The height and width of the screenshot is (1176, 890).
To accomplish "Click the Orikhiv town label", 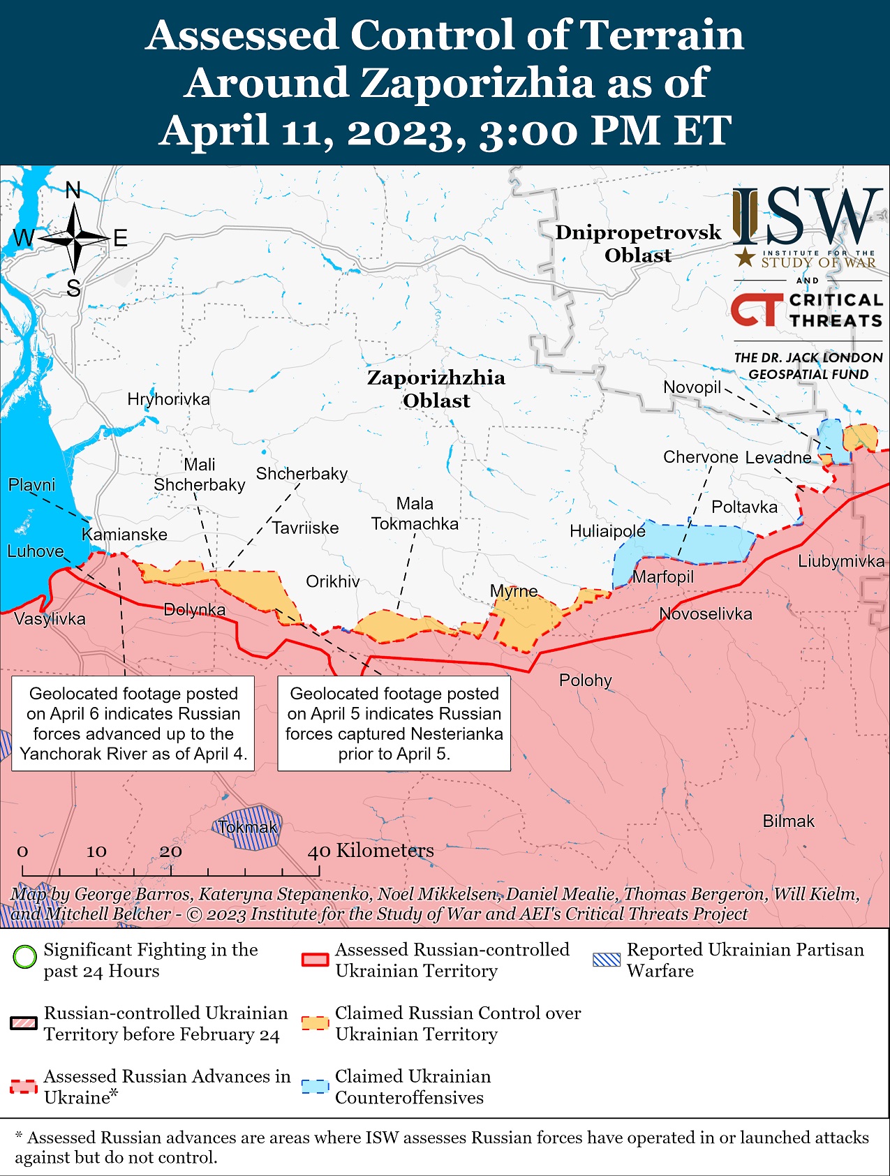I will tap(333, 581).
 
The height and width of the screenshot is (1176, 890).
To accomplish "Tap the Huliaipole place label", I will tap(607, 531).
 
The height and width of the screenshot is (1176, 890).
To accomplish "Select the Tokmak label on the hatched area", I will tap(248, 828).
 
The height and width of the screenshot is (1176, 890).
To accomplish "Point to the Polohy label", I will tap(585, 680).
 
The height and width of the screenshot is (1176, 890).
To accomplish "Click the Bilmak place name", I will tap(788, 821).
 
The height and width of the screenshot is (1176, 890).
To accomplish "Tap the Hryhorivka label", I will tap(168, 399).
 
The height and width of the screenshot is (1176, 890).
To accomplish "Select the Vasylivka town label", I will tap(50, 618).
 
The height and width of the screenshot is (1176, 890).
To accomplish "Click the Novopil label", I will tap(692, 387).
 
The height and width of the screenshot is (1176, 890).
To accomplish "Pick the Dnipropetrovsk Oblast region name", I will tap(637, 244).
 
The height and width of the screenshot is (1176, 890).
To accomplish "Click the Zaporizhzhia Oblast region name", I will tap(436, 389).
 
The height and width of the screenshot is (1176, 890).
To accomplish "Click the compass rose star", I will tap(74, 239).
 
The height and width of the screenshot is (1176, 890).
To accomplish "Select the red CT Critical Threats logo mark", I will tap(757, 309).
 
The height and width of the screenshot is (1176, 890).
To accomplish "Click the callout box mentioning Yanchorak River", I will tap(133, 723).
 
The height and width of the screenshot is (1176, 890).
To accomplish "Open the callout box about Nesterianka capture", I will tap(394, 723).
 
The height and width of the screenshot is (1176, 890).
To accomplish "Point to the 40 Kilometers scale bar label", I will tap(371, 850).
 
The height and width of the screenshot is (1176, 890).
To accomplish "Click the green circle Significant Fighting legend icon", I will tap(25, 956).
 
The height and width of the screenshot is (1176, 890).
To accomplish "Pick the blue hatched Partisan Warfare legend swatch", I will tap(606, 959).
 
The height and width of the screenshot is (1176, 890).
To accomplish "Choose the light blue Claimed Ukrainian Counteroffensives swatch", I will tap(315, 1087).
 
